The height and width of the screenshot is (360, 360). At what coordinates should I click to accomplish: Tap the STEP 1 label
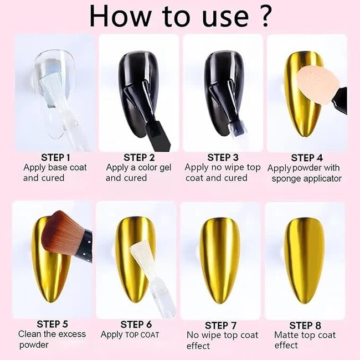point(56,157)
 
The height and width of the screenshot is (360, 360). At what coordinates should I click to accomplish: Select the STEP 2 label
point(139,158)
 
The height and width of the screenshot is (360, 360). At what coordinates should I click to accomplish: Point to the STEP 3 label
point(223,158)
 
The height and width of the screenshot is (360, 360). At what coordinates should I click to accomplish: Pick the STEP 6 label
point(136,325)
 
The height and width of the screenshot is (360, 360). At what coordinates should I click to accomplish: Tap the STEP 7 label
point(220,325)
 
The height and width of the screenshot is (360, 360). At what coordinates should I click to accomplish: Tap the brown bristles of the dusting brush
point(62,234)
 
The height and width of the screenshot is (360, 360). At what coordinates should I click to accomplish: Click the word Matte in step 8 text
point(287,335)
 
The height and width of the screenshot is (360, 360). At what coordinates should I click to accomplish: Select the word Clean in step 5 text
point(30,334)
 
